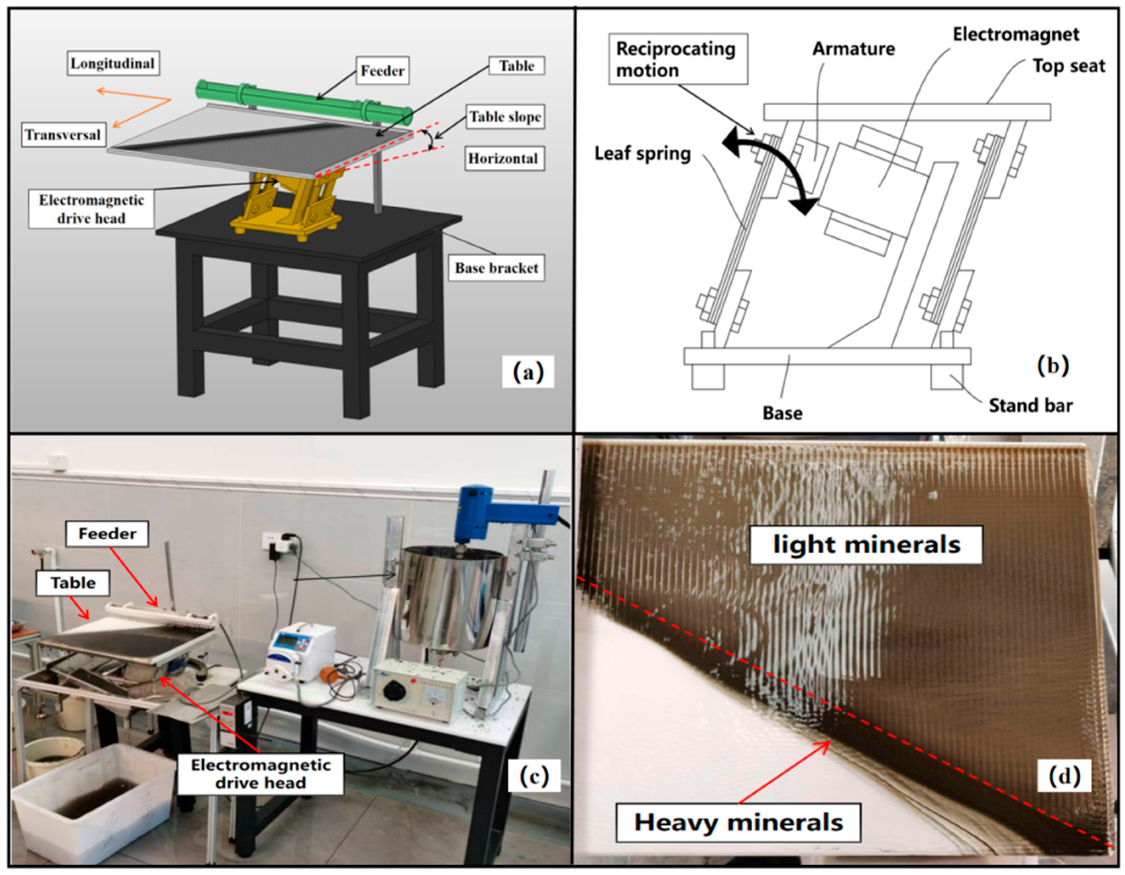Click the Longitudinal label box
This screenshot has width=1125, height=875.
113,63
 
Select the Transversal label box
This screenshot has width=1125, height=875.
63,135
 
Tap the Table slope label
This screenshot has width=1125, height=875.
505,117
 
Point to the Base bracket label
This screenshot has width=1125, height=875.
496,268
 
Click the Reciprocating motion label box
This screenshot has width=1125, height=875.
677,59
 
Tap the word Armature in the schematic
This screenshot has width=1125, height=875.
853,49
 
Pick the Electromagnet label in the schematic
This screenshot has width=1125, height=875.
1015,34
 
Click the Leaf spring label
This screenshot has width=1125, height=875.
642,153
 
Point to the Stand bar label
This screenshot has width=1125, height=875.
1030,405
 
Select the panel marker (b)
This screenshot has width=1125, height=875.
1052,365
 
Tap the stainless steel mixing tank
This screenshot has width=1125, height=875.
448,597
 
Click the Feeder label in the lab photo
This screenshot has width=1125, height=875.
107,534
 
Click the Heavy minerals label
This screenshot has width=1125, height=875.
738,822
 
